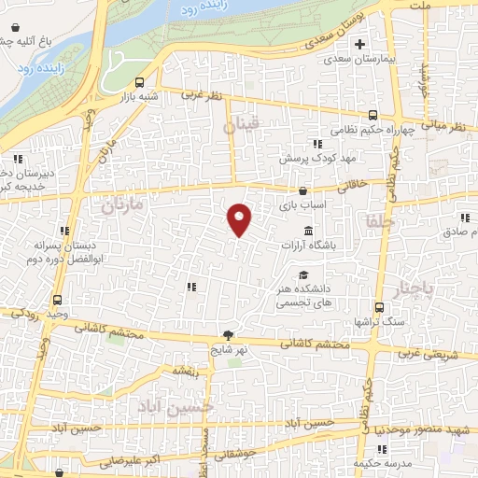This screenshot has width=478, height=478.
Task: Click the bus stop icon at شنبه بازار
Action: click(x=139, y=81)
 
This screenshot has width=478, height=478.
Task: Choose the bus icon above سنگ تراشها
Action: click(x=379, y=306)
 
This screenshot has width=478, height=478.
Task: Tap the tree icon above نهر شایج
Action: click(x=229, y=334)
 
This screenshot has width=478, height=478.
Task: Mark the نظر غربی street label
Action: click(x=204, y=95)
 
